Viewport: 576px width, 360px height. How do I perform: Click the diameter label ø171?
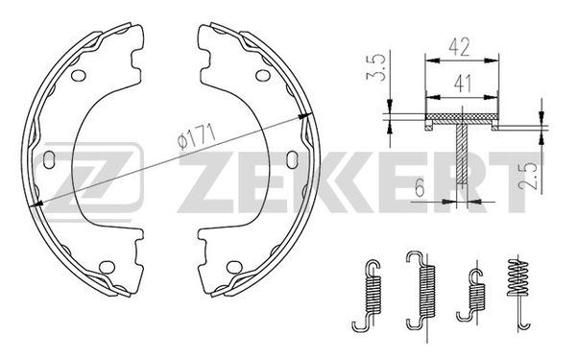pos(196,136)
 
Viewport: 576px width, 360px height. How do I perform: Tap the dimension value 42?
pos(459,48)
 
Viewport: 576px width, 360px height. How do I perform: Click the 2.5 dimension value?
pos(527,176)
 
